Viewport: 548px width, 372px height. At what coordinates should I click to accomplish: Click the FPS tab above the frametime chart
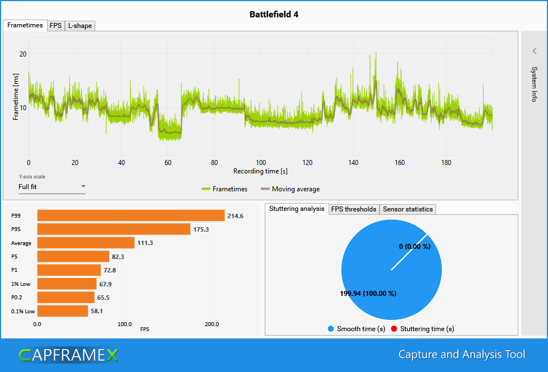55,26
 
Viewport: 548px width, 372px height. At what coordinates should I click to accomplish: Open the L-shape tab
80,26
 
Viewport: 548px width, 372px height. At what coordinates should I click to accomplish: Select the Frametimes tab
25,25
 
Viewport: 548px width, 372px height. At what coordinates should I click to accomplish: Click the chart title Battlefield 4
274,15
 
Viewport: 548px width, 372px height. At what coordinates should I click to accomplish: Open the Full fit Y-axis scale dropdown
51,187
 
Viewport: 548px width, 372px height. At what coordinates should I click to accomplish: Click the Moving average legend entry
290,189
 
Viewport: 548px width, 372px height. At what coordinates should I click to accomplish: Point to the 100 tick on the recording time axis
261,162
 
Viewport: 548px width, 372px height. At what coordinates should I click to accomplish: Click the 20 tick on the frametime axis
23,54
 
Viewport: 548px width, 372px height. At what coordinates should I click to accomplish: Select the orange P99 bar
131,215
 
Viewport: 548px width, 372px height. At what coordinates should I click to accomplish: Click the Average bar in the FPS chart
86,243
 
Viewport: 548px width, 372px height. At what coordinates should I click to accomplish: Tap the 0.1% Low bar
63,311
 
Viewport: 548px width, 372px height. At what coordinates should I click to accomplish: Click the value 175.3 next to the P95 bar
201,229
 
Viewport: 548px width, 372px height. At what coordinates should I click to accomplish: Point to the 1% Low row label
21,284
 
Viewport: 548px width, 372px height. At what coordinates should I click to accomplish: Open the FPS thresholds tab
354,209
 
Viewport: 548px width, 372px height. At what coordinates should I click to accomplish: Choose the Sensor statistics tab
408,209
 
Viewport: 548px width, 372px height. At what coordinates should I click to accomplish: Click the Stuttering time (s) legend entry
423,329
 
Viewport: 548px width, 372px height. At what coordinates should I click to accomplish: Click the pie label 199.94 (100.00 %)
368,294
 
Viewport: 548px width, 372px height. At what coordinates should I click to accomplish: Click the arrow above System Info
535,51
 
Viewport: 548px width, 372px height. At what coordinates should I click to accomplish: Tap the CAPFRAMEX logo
69,355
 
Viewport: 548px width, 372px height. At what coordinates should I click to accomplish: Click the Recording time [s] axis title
260,171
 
